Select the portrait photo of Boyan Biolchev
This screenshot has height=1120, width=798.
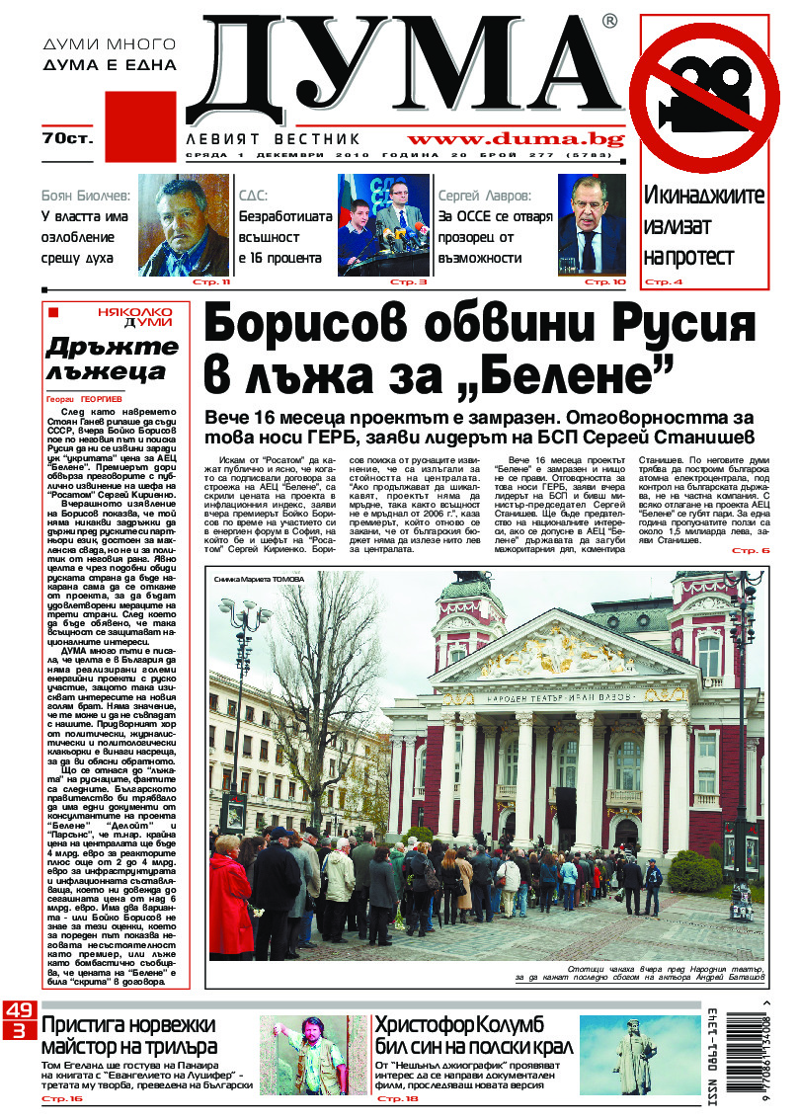tap(184, 224)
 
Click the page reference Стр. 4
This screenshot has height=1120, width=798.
tap(664, 282)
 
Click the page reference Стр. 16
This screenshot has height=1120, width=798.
tap(62, 1098)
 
